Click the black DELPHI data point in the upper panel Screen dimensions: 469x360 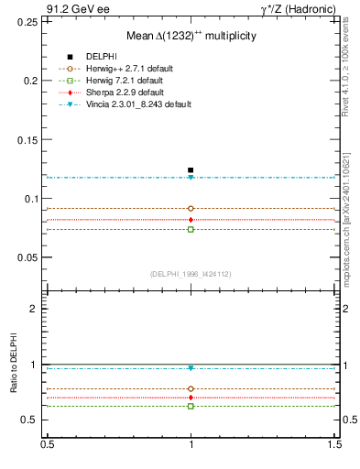pos(191,170)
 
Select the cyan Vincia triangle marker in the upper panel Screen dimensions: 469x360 pos(191,178)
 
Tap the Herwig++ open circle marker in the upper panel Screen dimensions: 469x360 pos(191,209)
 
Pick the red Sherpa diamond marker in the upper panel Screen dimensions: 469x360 pos(191,220)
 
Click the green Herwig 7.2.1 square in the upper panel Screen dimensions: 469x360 pos(191,229)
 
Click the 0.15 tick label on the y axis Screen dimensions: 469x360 pos(27,139)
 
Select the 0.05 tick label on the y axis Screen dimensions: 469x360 pos(27,257)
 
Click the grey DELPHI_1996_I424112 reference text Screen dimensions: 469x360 pos(191,274)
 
